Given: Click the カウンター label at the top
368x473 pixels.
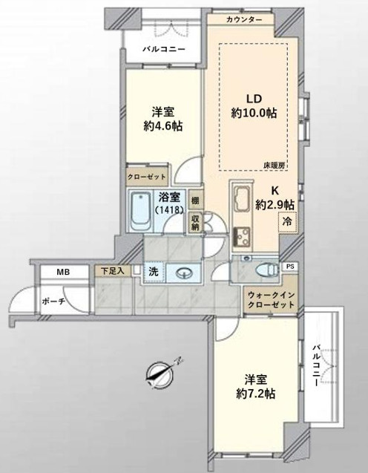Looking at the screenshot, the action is [x=244, y=20].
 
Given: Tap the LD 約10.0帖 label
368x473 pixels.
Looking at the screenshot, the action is [x=254, y=106].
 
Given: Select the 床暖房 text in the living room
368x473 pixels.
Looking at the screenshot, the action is [x=274, y=166].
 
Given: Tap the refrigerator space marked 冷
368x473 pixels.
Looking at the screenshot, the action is [x=287, y=222].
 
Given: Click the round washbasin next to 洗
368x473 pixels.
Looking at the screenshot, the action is [x=183, y=273].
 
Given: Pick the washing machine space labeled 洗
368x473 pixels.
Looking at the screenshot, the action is [x=154, y=273].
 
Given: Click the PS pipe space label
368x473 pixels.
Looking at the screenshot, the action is [x=290, y=267].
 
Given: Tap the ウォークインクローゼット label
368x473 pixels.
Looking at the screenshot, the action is [x=271, y=300].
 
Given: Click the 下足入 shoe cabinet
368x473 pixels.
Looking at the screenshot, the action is [x=113, y=270].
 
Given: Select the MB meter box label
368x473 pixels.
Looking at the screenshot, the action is [x=63, y=272].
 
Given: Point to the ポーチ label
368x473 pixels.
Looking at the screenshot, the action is [x=53, y=301].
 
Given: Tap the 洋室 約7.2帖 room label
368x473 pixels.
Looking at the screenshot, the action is [x=255, y=386].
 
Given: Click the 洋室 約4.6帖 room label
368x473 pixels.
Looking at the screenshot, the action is [x=163, y=119].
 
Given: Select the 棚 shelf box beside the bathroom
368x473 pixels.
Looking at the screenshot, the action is [x=195, y=200].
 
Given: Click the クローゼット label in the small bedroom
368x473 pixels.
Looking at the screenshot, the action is [x=146, y=176].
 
